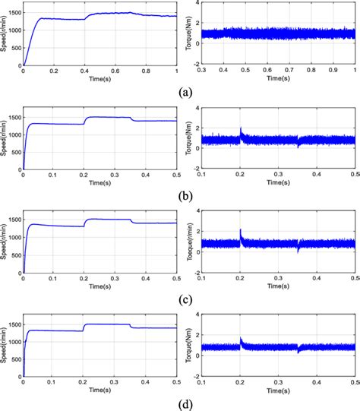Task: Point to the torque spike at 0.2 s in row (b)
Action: tap(241, 129)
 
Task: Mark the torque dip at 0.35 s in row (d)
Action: tap(298, 350)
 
